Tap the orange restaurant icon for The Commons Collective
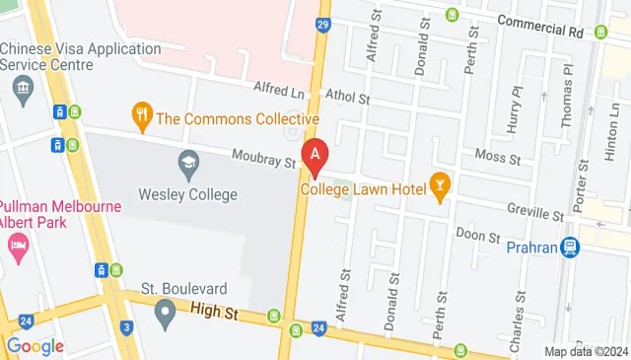(143, 118)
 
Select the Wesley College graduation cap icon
(187, 162)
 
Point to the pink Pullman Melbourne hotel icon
(18, 246)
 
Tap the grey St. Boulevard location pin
(166, 314)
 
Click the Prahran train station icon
(569, 248)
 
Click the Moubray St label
(263, 157)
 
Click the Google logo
(35, 346)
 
